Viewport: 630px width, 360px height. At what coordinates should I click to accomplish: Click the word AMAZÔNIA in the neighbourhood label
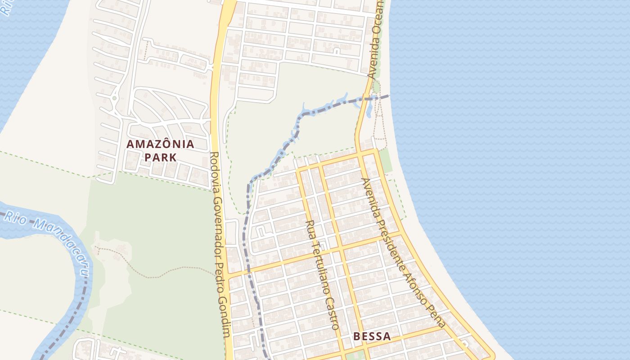pos(160,144)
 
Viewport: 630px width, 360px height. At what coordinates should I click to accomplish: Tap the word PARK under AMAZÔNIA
pos(160,157)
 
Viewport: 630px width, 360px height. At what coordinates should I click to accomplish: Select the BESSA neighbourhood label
pos(372,336)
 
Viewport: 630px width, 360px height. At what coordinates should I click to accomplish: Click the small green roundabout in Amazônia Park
pos(115,98)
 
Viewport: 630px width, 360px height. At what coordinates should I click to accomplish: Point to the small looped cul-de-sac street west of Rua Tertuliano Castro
pos(261,232)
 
